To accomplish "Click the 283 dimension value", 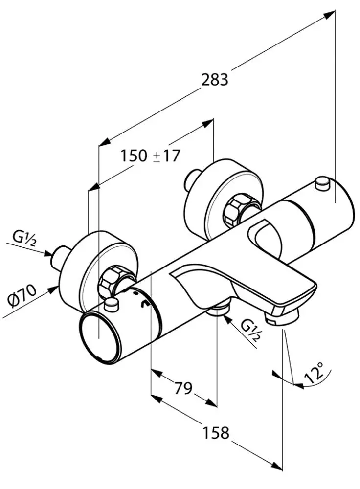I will tap(215, 79).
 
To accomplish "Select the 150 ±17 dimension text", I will tap(151, 156).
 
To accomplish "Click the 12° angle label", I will tap(314, 372).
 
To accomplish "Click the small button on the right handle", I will tap(322, 184).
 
